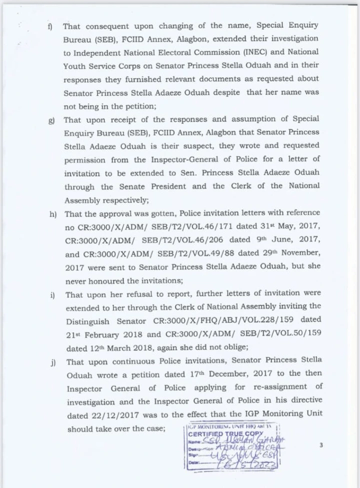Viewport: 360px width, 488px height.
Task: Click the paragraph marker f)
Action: [50, 25]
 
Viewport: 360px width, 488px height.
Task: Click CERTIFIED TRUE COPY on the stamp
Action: [219, 434]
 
